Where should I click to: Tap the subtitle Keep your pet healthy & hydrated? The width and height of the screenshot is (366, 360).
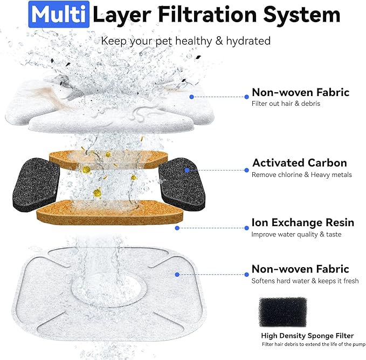186,40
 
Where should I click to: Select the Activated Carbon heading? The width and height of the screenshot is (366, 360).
299,162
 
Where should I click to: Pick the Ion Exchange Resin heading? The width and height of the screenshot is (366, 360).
302,222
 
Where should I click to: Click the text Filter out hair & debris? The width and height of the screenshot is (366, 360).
286,103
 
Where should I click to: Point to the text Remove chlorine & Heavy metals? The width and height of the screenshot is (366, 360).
301,174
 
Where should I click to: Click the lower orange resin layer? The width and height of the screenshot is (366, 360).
109,212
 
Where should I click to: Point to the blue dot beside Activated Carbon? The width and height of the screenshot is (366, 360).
187,170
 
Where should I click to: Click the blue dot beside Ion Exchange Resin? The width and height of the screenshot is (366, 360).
177,228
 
